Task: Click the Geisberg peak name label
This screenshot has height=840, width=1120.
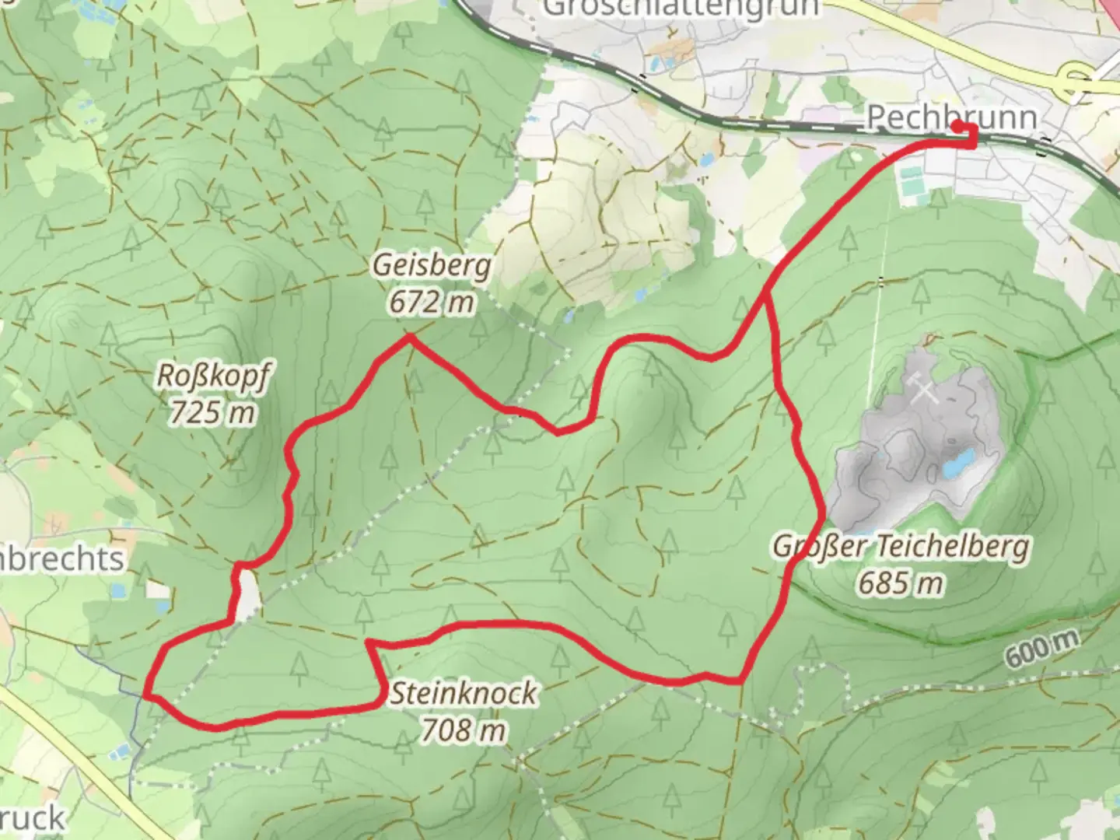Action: coord(432,266)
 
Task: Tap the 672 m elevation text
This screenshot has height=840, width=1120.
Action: coord(432,302)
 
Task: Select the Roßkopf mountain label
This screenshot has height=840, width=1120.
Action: coord(213,376)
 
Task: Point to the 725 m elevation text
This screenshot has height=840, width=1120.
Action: coord(212,412)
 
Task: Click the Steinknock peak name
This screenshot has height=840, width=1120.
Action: coord(463,693)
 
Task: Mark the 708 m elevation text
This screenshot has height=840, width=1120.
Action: coord(463,730)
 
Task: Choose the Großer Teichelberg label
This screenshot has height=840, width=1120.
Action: coord(901,547)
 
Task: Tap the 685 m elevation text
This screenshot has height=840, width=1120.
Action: coord(901,583)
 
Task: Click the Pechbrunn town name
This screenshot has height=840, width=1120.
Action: coord(951,117)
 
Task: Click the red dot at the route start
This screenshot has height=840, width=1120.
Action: coord(957,126)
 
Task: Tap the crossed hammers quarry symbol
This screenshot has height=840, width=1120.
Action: coord(923,388)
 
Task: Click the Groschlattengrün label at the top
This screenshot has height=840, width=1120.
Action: coord(681,8)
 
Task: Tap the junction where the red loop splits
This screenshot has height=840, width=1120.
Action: coord(768,296)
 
